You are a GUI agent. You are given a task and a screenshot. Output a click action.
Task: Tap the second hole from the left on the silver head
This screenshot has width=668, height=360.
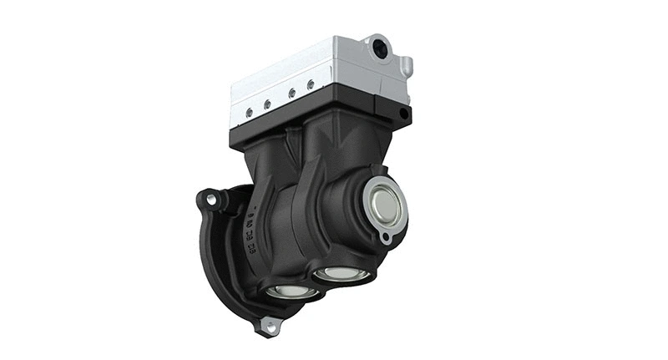[x=268, y=104]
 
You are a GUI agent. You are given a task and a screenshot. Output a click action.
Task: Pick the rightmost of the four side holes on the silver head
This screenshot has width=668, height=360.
[x=311, y=84]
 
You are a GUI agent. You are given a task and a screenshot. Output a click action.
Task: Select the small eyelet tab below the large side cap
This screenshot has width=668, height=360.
[x=385, y=238]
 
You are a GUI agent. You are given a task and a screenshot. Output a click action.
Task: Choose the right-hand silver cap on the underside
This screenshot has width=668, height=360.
[x=341, y=272]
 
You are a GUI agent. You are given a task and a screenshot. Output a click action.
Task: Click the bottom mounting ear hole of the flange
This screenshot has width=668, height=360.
[x=269, y=327]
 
